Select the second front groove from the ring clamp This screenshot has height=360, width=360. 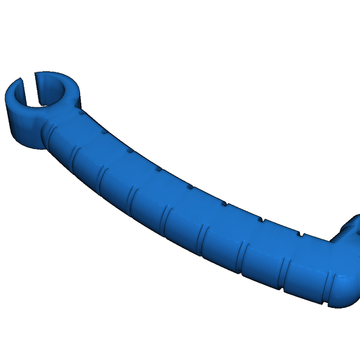click(74, 155)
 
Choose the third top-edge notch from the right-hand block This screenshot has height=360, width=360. click(223, 203)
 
